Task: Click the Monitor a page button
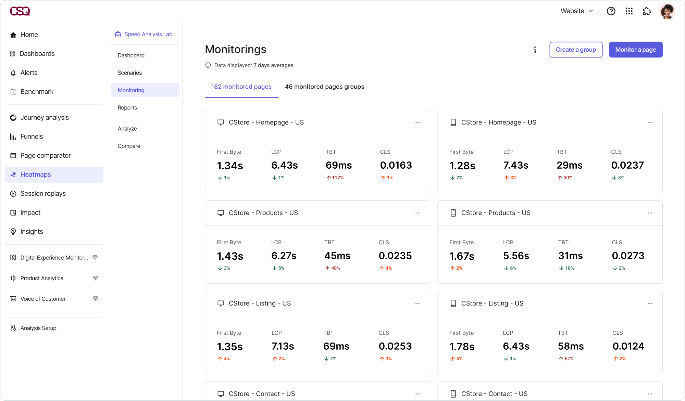635,50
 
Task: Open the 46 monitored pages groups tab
324,87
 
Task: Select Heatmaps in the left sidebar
36,174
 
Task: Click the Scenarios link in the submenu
129,73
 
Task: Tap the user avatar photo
667,11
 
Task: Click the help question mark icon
611,11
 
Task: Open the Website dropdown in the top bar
576,11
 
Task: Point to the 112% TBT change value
337,178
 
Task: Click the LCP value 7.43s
515,165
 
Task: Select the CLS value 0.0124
628,346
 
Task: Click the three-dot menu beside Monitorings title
535,50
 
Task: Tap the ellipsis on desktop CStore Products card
417,213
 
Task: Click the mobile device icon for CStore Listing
453,303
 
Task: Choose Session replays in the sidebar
43,194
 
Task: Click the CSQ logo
20,11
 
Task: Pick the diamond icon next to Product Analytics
95,278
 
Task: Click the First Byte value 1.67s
462,256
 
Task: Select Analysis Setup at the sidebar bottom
38,328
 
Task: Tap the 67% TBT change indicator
569,359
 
